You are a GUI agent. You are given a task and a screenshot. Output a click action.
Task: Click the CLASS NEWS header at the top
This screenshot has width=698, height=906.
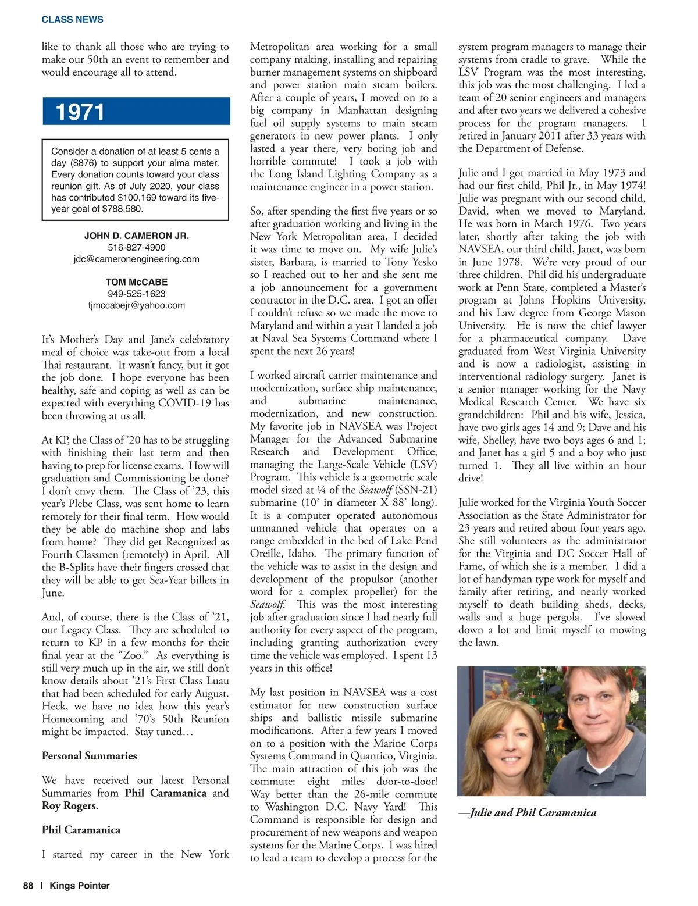click(x=72, y=19)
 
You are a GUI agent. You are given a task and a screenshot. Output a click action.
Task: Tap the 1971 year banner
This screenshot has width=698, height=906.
click(x=80, y=112)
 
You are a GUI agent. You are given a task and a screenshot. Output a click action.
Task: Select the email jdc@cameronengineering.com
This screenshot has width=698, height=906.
click(x=136, y=259)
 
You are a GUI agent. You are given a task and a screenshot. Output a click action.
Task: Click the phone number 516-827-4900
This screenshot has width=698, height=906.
click(x=136, y=248)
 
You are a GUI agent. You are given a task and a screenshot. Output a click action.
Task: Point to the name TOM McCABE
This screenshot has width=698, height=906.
click(x=136, y=282)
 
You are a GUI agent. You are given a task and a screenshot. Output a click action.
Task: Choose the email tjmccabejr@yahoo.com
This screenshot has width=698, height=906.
click(x=136, y=305)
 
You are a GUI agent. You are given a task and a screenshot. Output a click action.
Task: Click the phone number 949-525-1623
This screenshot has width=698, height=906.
click(x=136, y=294)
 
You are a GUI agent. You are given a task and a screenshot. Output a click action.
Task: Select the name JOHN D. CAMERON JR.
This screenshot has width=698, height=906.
click(x=136, y=236)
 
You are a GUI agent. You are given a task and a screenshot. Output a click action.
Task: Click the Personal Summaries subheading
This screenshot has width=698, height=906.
click(x=89, y=756)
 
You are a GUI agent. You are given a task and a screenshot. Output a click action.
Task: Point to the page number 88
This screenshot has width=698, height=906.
click(x=29, y=886)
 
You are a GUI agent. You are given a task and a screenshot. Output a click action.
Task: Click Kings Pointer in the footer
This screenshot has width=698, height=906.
click(x=80, y=886)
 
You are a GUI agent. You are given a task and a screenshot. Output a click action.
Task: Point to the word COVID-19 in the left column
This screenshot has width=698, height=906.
click(x=185, y=403)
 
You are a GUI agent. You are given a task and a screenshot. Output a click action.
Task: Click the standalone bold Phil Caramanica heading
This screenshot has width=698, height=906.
click(x=81, y=830)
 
